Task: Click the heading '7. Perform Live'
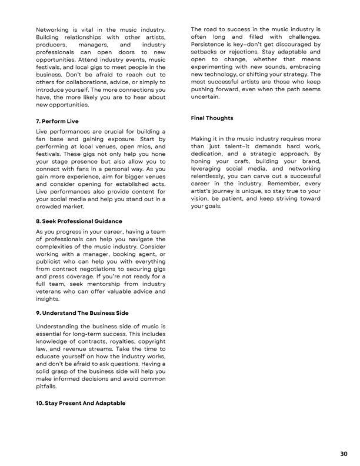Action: click(57, 121)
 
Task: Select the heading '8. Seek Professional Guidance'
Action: click(79, 221)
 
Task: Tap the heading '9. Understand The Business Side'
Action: click(82, 312)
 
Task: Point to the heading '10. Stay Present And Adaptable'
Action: click(81, 404)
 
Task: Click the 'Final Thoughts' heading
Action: click(212, 118)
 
